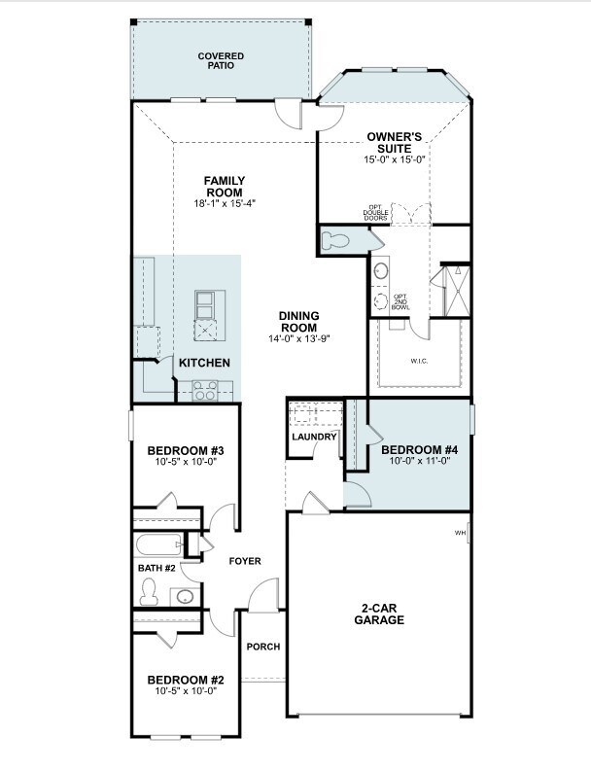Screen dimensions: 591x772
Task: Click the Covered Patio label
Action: (x=221, y=60)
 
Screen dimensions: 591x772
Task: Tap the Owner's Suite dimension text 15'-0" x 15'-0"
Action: (x=395, y=159)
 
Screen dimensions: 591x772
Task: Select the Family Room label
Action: (x=225, y=187)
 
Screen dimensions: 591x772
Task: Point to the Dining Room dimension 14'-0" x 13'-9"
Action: (x=298, y=338)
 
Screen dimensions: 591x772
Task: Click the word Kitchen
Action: (x=204, y=363)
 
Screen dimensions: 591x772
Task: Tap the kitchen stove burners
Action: (x=205, y=391)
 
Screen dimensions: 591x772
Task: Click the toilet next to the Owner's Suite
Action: (x=335, y=241)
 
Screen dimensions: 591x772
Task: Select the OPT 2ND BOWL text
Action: (x=400, y=301)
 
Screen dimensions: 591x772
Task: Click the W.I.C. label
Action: (x=419, y=361)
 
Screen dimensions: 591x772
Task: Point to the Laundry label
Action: (x=314, y=437)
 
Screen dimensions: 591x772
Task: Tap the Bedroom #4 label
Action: (x=420, y=450)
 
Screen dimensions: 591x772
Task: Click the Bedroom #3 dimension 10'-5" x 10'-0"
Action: (x=186, y=462)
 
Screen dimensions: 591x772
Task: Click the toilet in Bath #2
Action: (x=148, y=592)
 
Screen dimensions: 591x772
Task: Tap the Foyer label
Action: (x=245, y=561)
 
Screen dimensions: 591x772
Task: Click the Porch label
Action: (x=263, y=647)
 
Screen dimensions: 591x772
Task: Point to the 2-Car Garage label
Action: (x=379, y=614)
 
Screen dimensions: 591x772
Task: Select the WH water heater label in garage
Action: (x=460, y=533)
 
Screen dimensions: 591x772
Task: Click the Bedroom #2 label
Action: (x=186, y=680)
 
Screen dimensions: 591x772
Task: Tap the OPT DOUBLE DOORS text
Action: (x=376, y=212)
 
